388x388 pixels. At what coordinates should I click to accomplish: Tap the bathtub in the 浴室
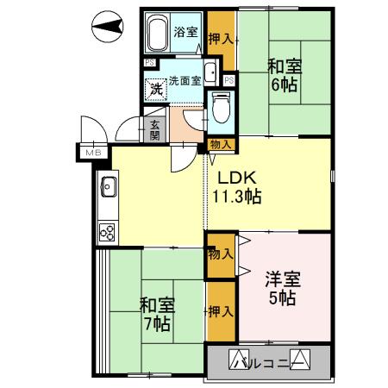[x=157, y=34]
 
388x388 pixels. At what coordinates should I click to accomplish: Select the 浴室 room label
[x=186, y=33]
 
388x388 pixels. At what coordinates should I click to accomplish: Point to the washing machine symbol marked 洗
[x=156, y=88]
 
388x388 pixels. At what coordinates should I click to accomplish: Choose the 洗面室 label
[x=185, y=80]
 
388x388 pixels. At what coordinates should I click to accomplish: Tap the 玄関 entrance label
[x=154, y=128]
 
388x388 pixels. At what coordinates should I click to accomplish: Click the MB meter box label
[x=91, y=153]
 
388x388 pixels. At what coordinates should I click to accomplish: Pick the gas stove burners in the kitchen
[x=109, y=230]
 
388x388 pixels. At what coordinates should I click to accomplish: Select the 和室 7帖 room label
[x=155, y=314]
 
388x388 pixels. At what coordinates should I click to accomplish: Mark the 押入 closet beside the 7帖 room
[x=220, y=310]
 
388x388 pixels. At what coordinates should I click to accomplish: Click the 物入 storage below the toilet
[x=220, y=145]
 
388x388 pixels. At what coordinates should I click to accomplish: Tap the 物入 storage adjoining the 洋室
[x=220, y=253]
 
